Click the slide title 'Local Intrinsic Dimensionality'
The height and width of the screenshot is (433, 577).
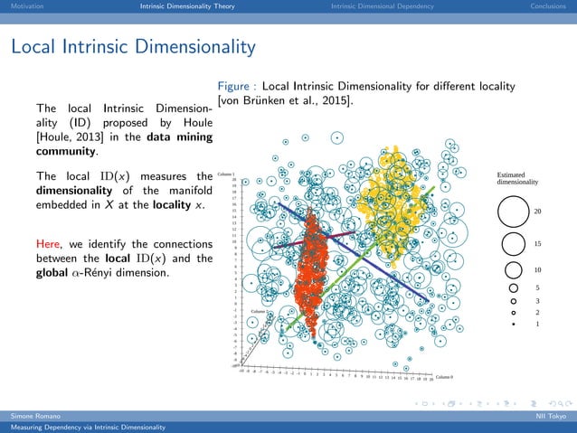tap(133, 45)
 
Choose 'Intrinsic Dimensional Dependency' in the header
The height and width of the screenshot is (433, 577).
tap(382, 7)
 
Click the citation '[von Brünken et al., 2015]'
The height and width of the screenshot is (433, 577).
tap(286, 100)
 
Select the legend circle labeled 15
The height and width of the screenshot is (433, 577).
tap(513, 244)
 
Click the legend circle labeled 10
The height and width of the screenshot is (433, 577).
tap(513, 270)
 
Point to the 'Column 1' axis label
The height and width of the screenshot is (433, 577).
tap(226, 174)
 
